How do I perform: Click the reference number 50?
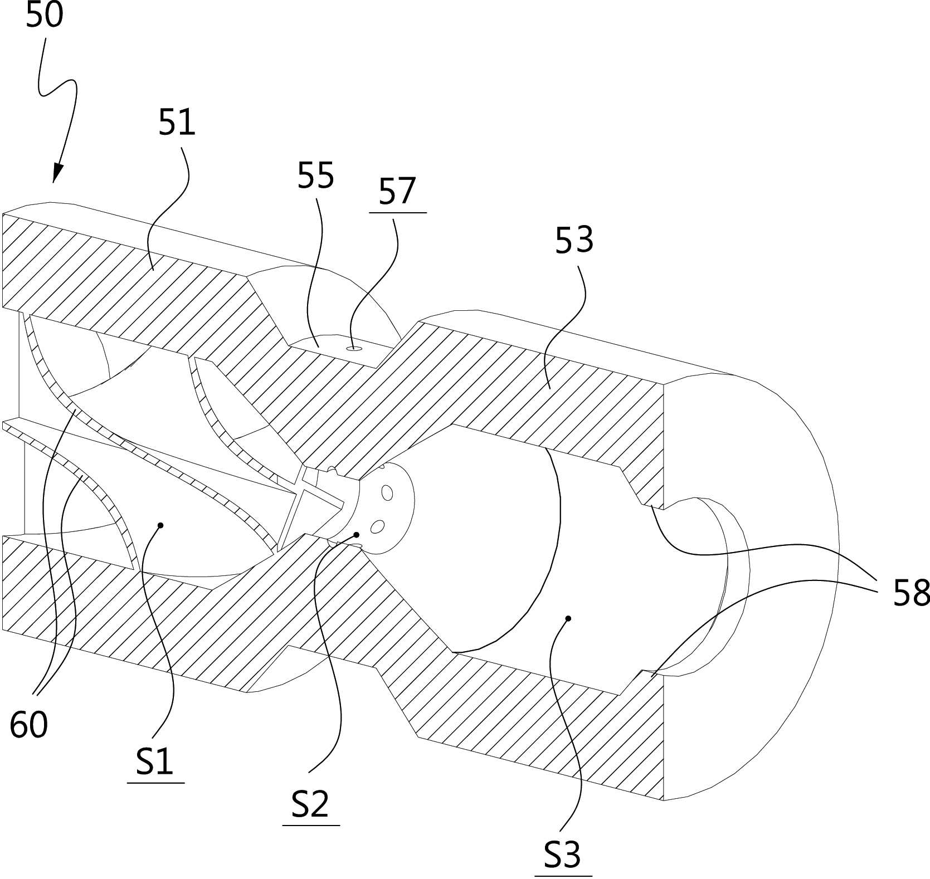coord(45,15)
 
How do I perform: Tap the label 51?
coord(177,123)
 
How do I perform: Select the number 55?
coord(315,176)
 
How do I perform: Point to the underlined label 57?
coord(397,191)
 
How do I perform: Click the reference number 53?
coord(574,240)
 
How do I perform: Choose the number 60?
coord(29,725)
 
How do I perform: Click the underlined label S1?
coord(155,761)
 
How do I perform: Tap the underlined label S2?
coord(310,804)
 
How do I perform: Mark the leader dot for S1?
coord(160,525)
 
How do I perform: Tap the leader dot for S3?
coord(568,618)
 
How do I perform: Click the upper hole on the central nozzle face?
coord(387,492)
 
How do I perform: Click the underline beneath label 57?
coord(397,213)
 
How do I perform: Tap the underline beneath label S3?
coord(563,876)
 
